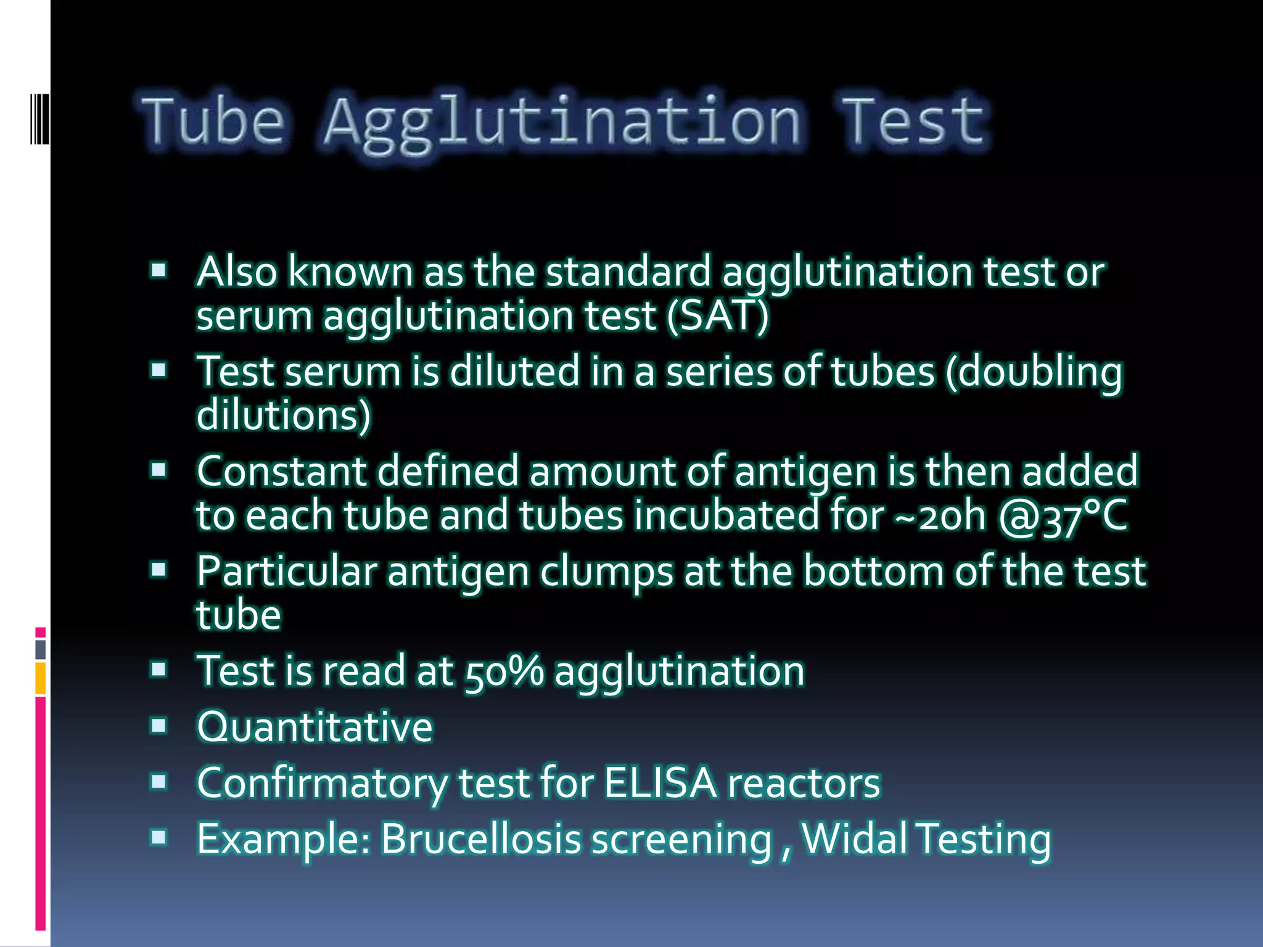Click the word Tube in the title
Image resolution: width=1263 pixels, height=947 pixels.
click(x=213, y=121)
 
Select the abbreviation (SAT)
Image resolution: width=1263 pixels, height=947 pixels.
click(x=718, y=316)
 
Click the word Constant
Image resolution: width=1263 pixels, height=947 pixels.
click(x=281, y=471)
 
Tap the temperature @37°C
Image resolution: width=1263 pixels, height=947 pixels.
click(x=1063, y=517)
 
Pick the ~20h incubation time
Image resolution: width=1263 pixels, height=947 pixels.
click(x=940, y=517)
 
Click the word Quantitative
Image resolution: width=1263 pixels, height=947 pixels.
click(x=315, y=727)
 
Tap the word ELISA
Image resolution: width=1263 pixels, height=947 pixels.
click(x=660, y=783)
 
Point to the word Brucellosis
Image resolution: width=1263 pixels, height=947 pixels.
click(x=480, y=839)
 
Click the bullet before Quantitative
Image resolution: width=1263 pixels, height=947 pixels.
click(x=159, y=726)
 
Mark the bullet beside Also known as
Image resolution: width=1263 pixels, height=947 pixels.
click(x=159, y=270)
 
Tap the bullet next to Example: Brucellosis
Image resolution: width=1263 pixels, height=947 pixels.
click(x=159, y=837)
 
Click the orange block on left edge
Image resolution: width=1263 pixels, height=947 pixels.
click(x=41, y=678)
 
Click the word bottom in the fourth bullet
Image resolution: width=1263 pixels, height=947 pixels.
click(x=873, y=571)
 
